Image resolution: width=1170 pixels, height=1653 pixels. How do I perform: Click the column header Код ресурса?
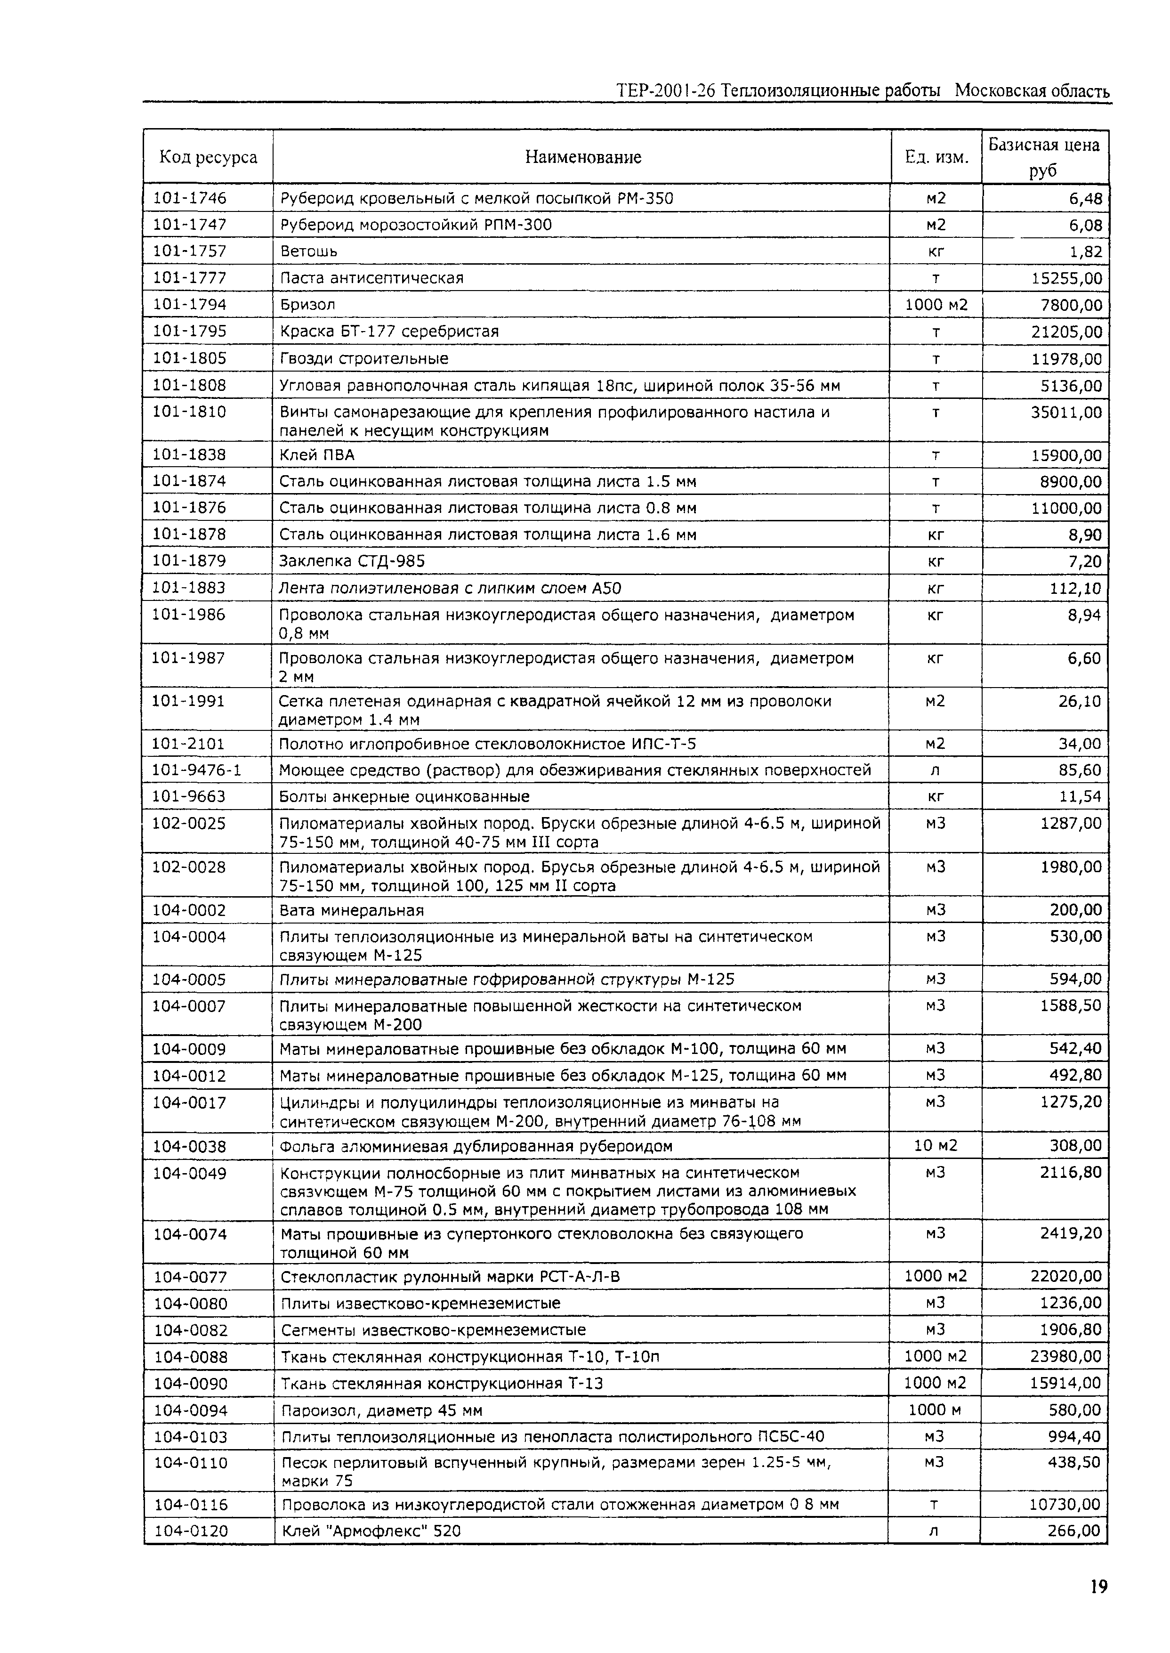point(208,157)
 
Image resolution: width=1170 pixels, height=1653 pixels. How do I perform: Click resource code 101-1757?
point(189,251)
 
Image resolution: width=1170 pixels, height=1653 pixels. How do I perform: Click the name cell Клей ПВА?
point(317,455)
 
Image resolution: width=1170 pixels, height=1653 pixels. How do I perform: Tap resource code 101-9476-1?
point(196,770)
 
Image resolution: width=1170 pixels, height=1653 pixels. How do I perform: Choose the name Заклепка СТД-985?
point(352,561)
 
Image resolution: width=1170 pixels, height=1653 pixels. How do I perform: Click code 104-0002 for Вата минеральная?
point(189,910)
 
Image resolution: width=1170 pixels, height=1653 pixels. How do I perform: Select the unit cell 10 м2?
point(935,1146)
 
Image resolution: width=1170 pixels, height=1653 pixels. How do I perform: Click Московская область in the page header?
point(1032,91)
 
